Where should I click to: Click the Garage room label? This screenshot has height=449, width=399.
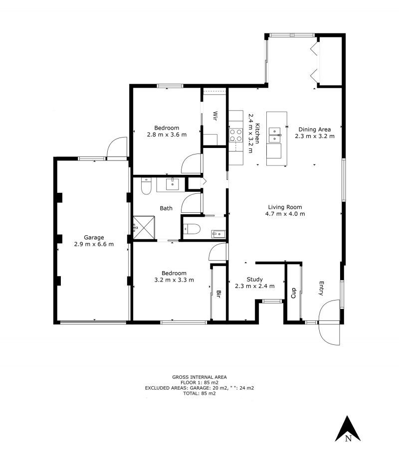[94, 237]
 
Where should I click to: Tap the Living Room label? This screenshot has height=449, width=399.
[285, 207]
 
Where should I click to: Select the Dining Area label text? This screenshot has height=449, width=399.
[314, 130]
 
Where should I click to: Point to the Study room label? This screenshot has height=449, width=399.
[254, 279]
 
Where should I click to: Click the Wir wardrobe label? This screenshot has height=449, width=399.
[215, 116]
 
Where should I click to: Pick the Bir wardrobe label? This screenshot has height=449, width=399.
[219, 295]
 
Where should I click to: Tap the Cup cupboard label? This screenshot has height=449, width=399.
[293, 293]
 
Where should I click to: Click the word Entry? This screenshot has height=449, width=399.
[322, 289]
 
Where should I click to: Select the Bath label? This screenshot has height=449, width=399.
[166, 208]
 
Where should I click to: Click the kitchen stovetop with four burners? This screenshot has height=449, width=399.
[235, 136]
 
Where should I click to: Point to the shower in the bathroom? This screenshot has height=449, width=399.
[145, 227]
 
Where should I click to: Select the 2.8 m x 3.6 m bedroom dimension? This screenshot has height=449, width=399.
[167, 135]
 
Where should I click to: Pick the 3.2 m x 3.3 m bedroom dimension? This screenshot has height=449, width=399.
[174, 280]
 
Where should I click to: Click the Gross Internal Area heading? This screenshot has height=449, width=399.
[199, 377]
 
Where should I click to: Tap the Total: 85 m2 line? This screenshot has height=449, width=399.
[199, 394]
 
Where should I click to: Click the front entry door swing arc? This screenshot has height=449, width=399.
[330, 322]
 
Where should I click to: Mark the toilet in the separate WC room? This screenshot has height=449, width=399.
[192, 229]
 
